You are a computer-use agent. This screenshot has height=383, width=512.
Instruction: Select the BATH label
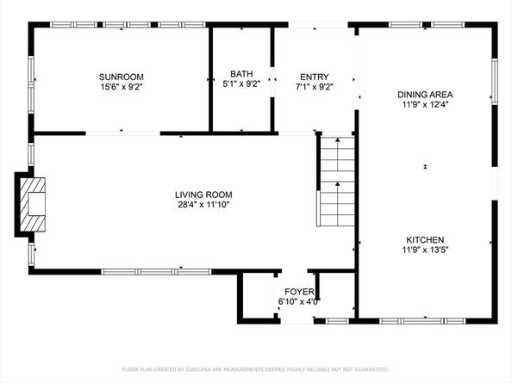(241, 74)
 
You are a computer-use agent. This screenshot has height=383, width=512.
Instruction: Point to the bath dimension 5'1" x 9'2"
(241, 85)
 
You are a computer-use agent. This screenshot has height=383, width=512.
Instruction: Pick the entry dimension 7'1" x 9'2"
(314, 86)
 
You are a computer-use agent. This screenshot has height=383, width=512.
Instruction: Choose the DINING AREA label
(425, 94)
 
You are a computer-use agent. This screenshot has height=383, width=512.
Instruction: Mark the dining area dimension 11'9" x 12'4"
(425, 105)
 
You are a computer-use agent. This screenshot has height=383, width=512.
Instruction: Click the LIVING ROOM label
(203, 195)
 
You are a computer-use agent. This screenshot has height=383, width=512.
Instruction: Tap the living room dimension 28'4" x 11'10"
(203, 205)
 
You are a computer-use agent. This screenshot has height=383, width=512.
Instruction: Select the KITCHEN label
(425, 240)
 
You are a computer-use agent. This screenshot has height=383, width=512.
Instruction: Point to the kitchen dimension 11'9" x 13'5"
(425, 250)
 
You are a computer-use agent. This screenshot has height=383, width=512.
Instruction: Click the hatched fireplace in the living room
(32, 204)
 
